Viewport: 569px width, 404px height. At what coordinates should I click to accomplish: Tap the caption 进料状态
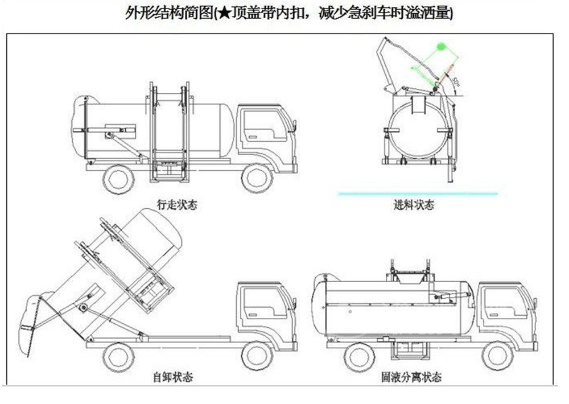[414, 205]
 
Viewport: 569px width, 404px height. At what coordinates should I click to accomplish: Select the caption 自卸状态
[172, 377]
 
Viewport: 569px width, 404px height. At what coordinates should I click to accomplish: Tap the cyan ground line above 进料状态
[418, 194]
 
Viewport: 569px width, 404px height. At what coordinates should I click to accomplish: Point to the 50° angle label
[459, 81]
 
